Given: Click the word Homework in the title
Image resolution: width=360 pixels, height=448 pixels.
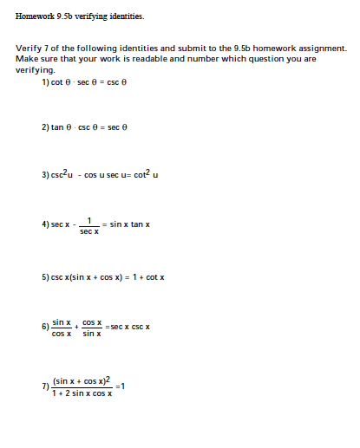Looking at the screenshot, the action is [35, 16].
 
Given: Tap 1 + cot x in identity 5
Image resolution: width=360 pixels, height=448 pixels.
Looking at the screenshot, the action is [147, 276].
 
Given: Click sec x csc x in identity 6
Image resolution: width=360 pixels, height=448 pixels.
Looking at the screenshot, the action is [131, 327].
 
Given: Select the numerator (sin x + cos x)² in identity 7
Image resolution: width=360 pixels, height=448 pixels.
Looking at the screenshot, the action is [83, 380].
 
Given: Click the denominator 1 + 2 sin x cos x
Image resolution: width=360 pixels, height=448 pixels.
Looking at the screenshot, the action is [83, 393].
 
